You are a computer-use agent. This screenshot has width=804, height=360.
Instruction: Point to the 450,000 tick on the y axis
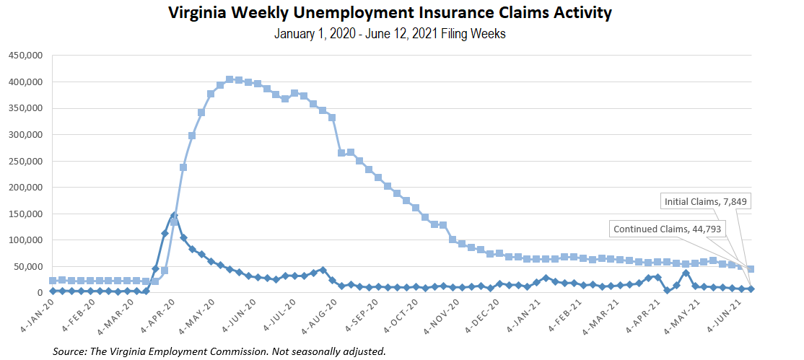pos(25,56)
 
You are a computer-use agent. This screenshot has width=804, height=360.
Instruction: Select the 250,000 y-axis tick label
pos(25,161)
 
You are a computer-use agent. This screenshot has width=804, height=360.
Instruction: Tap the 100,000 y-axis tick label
pos(25,240)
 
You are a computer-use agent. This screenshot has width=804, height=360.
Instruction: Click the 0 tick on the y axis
pos(40,293)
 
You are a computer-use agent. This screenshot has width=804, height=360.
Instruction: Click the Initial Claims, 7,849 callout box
pos(706,201)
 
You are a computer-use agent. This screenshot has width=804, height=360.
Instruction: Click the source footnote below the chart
pos(219,351)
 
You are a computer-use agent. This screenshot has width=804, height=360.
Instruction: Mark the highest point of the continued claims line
pos(230,79)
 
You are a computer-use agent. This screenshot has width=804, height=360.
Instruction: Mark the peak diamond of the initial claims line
pos(174,216)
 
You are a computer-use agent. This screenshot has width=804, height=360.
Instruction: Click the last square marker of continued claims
pos(751,269)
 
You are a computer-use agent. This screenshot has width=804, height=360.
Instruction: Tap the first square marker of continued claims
pos(53,281)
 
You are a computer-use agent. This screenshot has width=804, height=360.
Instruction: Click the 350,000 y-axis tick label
pos(25,108)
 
